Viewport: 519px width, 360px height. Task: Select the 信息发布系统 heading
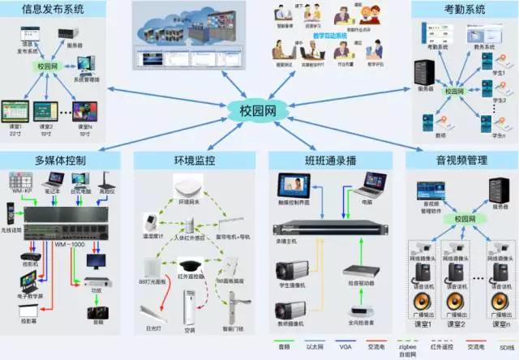[54, 10]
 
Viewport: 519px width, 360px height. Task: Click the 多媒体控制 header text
[60, 159]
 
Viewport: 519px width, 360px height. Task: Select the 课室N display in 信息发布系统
[81, 110]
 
